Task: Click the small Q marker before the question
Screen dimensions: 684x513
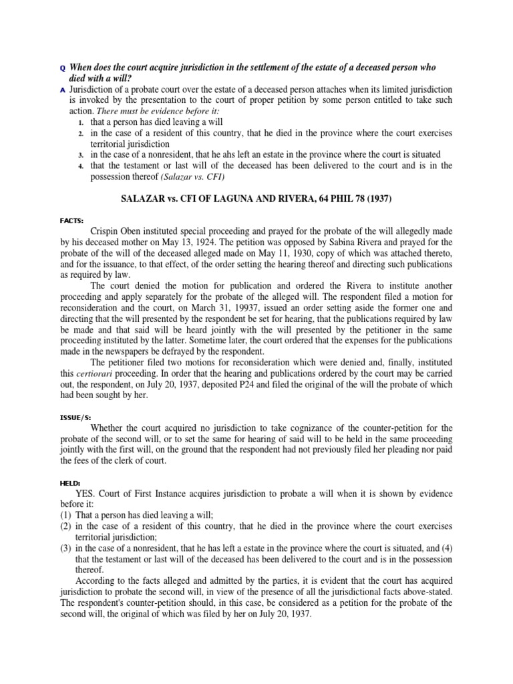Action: coord(63,68)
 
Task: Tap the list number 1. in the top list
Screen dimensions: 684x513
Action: coord(80,122)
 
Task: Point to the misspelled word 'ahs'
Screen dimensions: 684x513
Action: coord(235,155)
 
